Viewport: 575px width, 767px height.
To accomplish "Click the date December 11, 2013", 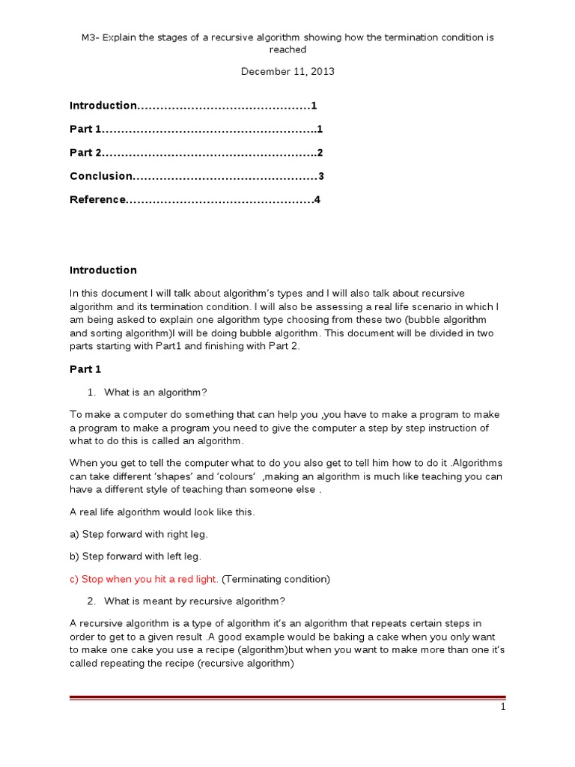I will (287, 72).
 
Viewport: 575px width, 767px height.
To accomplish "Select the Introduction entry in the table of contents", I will (103, 106).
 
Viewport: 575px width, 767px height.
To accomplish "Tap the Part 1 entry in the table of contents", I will (85, 130).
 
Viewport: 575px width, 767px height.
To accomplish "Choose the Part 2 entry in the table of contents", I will (85, 153).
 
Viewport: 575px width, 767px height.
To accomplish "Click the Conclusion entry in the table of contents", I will (101, 177).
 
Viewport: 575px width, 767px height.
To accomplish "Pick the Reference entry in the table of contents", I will (97, 200).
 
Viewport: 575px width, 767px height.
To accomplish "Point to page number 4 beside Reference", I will (317, 200).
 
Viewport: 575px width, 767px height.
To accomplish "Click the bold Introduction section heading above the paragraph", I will (103, 270).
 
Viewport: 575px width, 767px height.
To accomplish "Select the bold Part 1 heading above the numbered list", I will (85, 369).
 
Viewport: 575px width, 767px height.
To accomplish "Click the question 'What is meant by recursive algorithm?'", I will (195, 601).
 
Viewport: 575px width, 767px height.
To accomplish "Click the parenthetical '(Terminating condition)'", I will (276, 579).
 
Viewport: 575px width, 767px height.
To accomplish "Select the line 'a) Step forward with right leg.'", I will (139, 534).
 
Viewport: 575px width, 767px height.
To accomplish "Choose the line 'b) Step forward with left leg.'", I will (136, 557).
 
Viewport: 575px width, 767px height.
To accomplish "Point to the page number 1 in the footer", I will (503, 707).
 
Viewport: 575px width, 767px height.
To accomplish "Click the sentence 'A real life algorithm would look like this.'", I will (162, 512).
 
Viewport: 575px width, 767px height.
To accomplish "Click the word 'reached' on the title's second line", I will (287, 49).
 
